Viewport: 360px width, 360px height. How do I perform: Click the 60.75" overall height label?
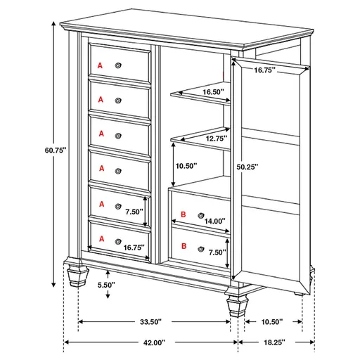tap(55, 149)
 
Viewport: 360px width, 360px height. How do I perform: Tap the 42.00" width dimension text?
tap(150, 342)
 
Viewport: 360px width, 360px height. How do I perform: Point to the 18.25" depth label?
tap(275, 342)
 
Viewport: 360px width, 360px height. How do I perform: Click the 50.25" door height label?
tap(247, 167)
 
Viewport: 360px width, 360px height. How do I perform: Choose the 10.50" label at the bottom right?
tap(271, 321)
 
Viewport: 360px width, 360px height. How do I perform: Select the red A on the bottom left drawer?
tap(101, 238)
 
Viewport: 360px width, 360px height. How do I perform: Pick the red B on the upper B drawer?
tap(183, 214)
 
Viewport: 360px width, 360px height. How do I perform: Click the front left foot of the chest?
tap(76, 275)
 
